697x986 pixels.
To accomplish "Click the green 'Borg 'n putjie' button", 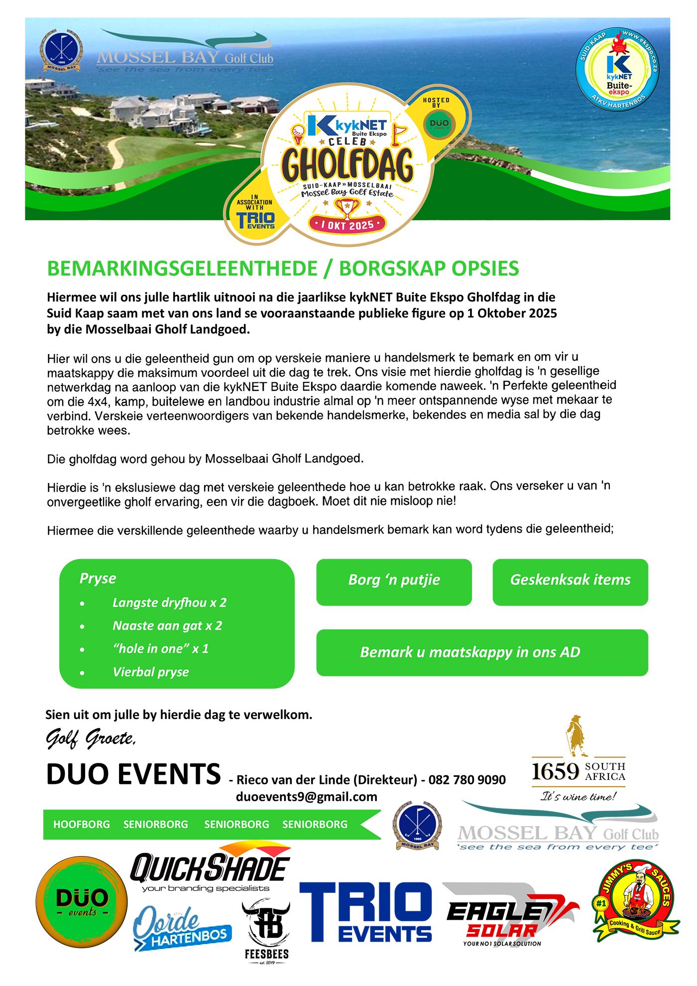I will tap(394, 582).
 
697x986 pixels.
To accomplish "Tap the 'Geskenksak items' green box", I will tap(570, 582).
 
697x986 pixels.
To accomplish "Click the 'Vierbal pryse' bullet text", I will tap(151, 672).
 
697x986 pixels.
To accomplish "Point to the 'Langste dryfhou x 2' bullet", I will tap(169, 603).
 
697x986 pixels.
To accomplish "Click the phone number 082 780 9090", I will tap(467, 779).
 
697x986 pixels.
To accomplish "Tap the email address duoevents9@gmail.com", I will tap(306, 797).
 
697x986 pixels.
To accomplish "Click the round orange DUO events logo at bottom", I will tap(82, 902).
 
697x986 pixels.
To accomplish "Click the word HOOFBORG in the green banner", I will tap(82, 824).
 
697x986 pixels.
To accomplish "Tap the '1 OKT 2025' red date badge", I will tap(347, 225).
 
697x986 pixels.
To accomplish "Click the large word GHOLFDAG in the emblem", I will tap(347, 164).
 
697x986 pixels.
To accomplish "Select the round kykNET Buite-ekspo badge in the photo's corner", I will tap(618, 70).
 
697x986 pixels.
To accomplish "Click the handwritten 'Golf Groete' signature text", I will tap(91, 739).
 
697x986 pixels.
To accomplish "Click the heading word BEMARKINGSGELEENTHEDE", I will tap(182, 268).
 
